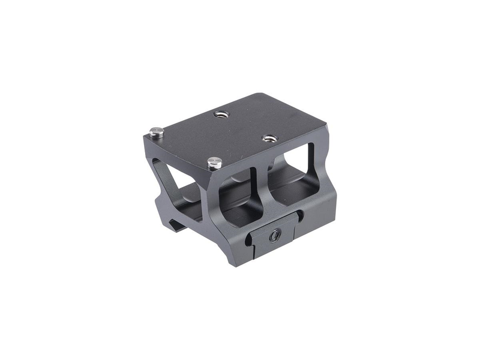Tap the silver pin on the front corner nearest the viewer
214,162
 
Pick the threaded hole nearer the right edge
267,139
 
